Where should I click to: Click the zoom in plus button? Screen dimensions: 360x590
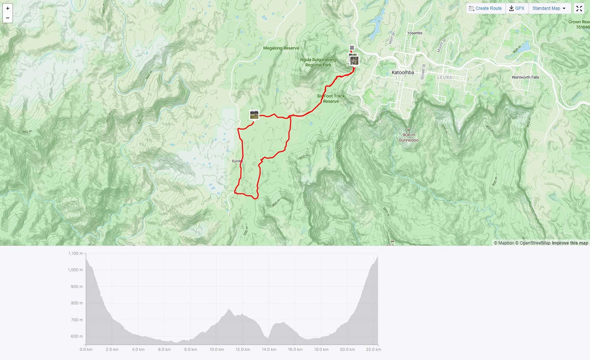[7, 8]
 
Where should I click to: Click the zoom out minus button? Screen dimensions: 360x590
[7, 18]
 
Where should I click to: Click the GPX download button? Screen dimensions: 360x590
[516, 8]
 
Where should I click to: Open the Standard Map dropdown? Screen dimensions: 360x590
[549, 8]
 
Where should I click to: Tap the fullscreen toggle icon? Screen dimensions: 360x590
[579, 8]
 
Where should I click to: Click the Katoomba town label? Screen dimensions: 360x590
[403, 73]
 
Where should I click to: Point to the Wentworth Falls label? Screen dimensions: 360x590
[525, 77]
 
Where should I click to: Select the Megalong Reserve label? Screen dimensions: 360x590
[281, 48]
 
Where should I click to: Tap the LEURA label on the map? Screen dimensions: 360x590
[445, 77]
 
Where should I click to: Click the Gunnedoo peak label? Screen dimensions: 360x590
[409, 140]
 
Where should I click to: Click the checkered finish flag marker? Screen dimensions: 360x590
[352, 48]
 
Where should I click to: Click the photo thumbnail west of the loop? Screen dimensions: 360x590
[254, 115]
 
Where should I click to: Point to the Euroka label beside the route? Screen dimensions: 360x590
[238, 161]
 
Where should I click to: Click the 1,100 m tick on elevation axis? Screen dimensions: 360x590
[75, 253]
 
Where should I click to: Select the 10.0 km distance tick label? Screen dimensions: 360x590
[216, 349]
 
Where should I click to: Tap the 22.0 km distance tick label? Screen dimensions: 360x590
[373, 349]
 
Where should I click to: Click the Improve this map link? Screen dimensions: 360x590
[570, 243]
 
